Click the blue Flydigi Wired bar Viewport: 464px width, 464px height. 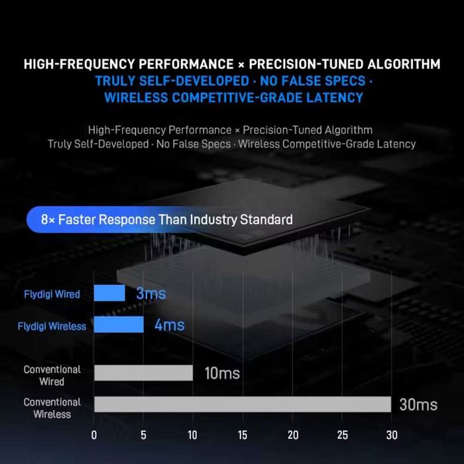click(109, 293)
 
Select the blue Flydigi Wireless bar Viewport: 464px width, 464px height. click(119, 324)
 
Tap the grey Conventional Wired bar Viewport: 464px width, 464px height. click(143, 373)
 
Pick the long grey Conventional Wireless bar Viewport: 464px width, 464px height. click(242, 404)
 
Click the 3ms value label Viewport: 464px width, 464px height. click(150, 294)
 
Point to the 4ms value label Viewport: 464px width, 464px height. click(169, 325)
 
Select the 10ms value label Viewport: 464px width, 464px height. click(222, 373)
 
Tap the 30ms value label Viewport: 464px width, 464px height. click(418, 404)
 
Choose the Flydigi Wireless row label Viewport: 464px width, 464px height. click(52, 326)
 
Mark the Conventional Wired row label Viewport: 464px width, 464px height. click(52, 375)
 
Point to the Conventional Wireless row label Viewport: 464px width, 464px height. click(52, 408)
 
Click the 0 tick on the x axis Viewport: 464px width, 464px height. click(94, 435)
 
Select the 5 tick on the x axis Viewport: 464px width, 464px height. click(143, 435)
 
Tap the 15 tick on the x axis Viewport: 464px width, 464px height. click(243, 435)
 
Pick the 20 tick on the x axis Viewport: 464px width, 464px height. click(292, 435)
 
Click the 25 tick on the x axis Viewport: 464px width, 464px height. click(342, 435)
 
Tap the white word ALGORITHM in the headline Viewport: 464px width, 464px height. click(396, 64)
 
